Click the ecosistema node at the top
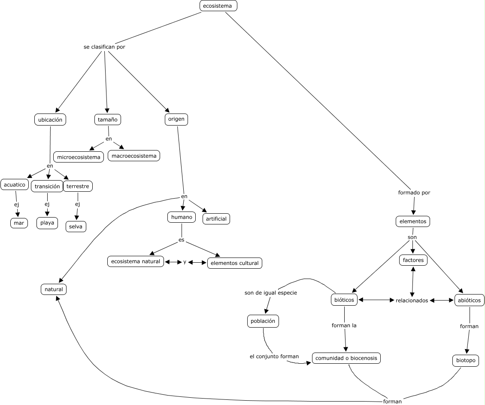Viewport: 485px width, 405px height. tap(218, 6)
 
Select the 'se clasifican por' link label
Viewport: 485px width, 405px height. tap(104, 47)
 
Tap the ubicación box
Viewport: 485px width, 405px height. tap(50, 120)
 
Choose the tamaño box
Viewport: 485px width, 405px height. tap(108, 120)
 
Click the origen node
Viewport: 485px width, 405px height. tap(176, 120)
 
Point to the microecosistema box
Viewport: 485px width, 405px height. tap(79, 157)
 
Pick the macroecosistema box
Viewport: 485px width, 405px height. tap(134, 156)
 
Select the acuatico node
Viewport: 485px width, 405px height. tap(15, 185)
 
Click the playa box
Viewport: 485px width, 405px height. tap(47, 223)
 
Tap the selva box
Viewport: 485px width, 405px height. tap(76, 226)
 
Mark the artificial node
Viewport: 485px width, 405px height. tap(216, 219)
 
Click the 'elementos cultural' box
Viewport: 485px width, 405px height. tap(234, 263)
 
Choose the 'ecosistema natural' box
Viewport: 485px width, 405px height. tap(136, 261)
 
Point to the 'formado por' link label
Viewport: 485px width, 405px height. tap(414, 193)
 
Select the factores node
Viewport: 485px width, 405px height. tap(413, 260)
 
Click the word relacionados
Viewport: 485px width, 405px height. tap(412, 301)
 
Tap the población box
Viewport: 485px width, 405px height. tap(263, 321)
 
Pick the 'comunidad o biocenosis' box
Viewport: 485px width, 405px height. tap(346, 358)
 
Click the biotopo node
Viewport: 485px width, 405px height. tap(466, 360)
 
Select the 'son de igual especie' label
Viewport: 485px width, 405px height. tap(271, 293)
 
